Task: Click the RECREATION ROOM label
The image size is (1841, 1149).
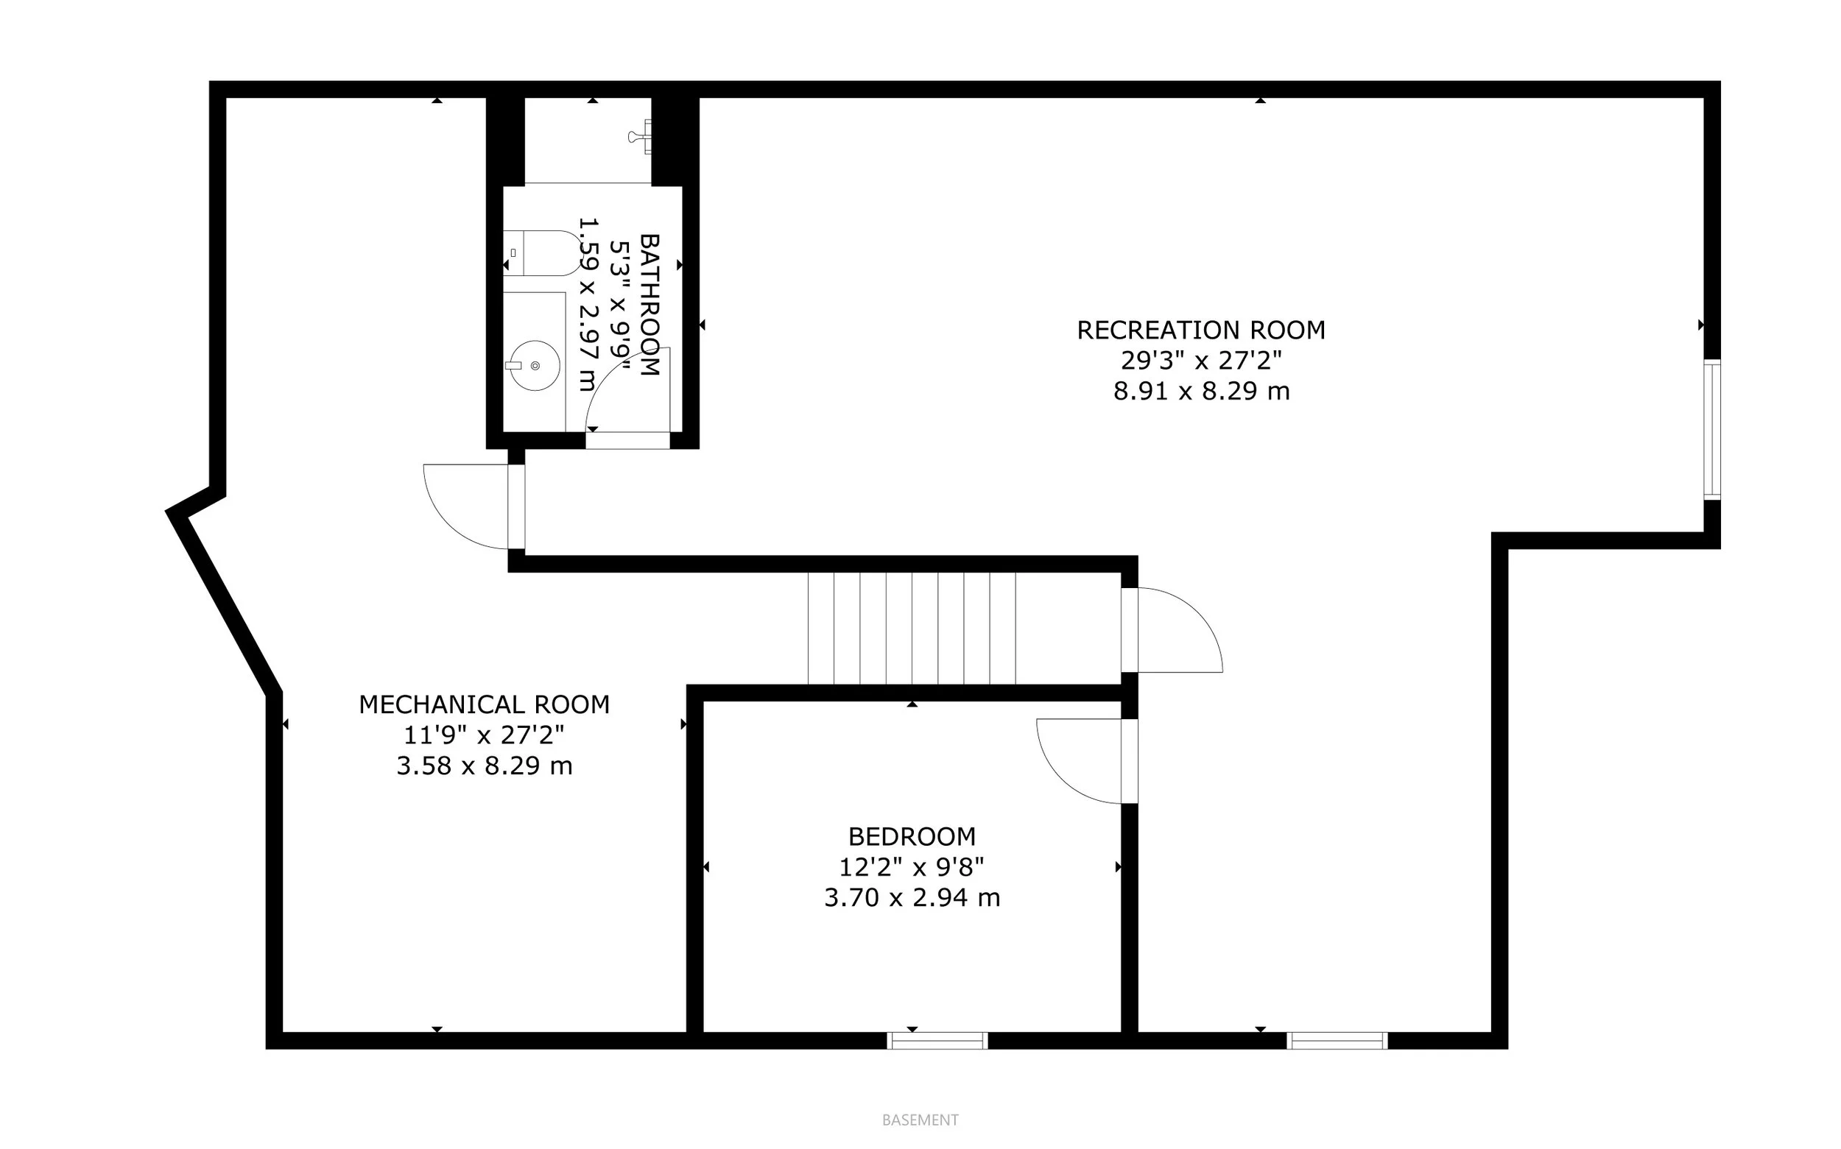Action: click(x=1201, y=330)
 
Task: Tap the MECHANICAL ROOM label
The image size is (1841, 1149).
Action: click(x=485, y=705)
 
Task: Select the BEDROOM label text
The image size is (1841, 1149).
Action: click(x=912, y=837)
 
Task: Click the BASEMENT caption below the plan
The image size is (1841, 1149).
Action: click(x=921, y=1120)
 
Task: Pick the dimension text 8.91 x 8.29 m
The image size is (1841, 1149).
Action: click(x=1202, y=392)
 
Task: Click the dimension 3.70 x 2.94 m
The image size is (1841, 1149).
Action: click(x=912, y=897)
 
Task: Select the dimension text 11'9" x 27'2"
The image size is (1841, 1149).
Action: click(x=485, y=735)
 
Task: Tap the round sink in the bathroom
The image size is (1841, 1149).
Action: click(x=535, y=366)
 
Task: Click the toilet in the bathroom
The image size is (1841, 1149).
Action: click(x=541, y=253)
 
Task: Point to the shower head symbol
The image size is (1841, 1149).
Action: click(x=640, y=137)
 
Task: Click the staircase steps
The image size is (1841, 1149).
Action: click(x=912, y=629)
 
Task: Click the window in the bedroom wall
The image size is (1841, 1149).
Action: click(x=938, y=1041)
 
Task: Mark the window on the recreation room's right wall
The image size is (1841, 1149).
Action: click(x=1712, y=430)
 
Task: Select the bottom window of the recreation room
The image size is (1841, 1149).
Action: click(x=1338, y=1041)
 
